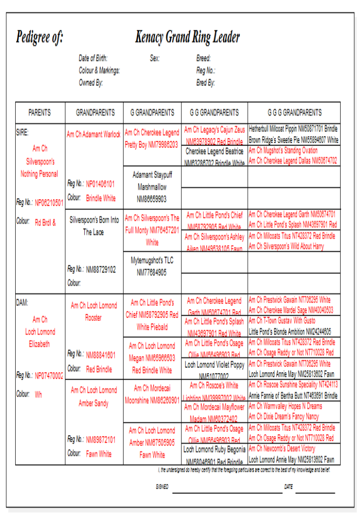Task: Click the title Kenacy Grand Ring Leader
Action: (188, 37)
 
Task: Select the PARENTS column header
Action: (39, 113)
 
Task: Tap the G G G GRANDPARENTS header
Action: (294, 113)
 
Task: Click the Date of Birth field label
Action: (93, 58)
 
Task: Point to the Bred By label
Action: (206, 83)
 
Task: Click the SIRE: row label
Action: (22, 133)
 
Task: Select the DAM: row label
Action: (22, 302)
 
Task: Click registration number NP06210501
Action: (49, 202)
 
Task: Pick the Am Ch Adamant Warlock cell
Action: (94, 134)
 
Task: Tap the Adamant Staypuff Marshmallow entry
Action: (152, 187)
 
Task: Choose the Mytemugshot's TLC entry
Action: (152, 266)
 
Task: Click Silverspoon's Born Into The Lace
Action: (94, 226)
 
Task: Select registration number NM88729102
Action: (100, 270)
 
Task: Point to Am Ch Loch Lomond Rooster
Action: (94, 311)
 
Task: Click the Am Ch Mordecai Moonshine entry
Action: (152, 394)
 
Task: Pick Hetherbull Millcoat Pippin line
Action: (293, 128)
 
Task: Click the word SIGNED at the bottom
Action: (162, 487)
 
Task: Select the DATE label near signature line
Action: (288, 487)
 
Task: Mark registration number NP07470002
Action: (49, 375)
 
